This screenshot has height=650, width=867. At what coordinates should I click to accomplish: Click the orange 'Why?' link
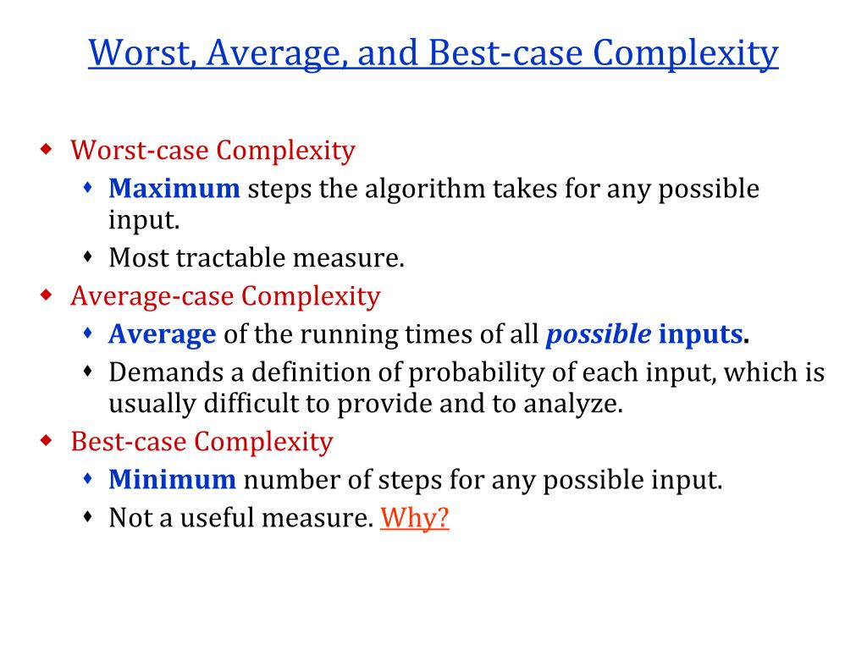[414, 517]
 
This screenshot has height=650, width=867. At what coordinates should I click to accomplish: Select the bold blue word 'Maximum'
[174, 188]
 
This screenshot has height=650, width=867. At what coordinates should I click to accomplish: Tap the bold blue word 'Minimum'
[172, 481]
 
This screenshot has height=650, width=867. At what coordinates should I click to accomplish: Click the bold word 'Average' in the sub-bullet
[163, 334]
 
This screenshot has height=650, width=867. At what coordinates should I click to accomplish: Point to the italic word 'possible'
[599, 334]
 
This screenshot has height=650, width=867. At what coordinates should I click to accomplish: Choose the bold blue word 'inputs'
[700, 334]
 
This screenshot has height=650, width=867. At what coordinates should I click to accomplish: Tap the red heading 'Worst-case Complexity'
[213, 151]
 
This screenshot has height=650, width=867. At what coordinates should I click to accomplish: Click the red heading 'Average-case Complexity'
[225, 296]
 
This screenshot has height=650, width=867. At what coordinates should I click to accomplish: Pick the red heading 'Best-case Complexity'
[202, 442]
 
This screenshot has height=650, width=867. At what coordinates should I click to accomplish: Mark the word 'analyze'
[577, 404]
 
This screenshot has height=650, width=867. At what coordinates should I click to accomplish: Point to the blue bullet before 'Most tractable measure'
[88, 256]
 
